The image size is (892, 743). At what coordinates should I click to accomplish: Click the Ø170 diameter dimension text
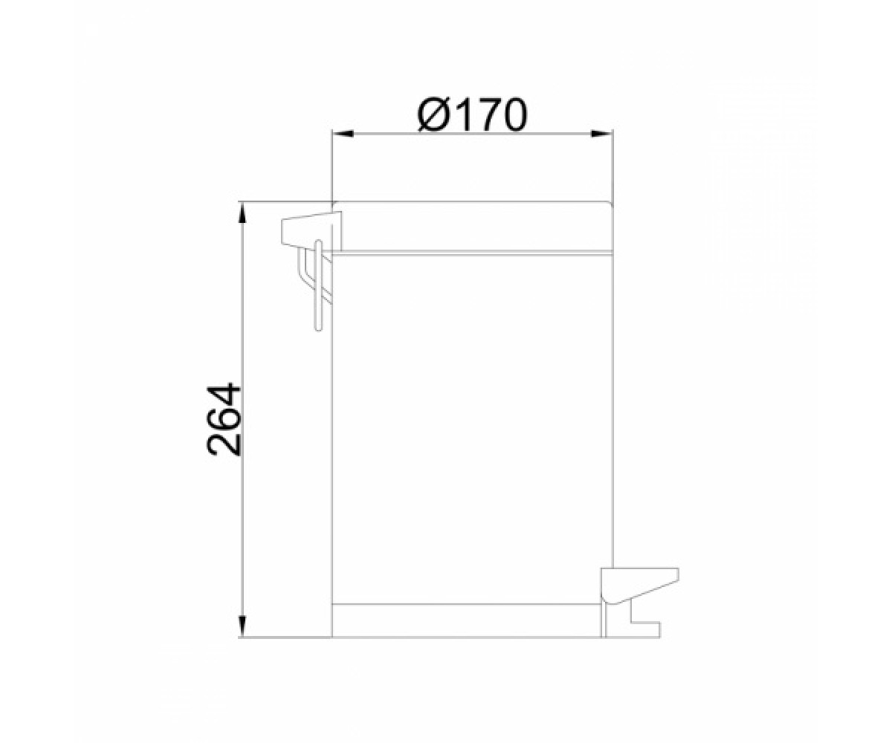tap(473, 115)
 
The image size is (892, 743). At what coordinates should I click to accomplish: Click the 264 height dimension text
tap(224, 420)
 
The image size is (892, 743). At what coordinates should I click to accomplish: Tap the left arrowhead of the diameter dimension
tap(343, 134)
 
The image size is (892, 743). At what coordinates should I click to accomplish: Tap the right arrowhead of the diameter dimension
tap(602, 134)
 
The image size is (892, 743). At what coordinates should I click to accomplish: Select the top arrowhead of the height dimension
tap(242, 212)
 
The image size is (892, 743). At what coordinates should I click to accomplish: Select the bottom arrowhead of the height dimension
tap(242, 627)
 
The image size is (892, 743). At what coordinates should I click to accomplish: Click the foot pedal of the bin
tap(639, 586)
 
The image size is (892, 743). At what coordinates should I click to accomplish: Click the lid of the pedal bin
tap(473, 227)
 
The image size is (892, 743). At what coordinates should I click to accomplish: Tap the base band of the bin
tap(467, 621)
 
